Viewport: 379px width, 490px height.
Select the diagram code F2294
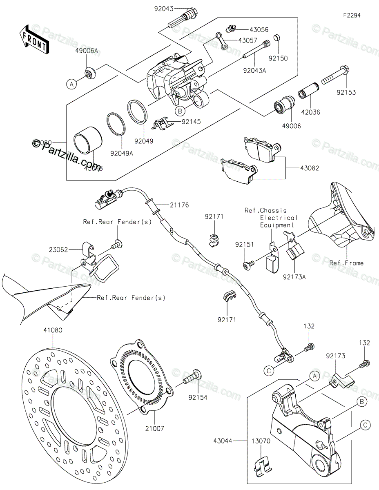[x=352, y=15]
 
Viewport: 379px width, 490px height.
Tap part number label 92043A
[x=254, y=70]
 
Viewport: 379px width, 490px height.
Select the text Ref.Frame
[x=346, y=263]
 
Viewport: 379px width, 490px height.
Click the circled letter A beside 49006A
[x=71, y=84]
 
